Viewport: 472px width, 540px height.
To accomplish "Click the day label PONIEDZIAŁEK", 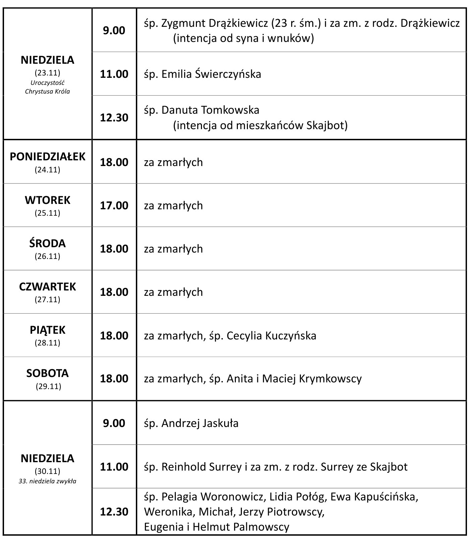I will (47, 157).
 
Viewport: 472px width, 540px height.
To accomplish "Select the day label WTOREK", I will (47, 200).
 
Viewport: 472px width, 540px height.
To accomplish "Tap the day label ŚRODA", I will (47, 244).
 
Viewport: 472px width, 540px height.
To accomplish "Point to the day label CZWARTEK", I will (47, 287).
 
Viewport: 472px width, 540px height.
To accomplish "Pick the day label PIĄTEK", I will (47, 330).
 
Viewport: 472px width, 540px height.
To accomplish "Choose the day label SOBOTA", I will (47, 373).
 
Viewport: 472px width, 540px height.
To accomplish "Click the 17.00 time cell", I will (114, 205).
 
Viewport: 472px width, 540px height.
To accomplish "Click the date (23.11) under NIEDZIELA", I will (47, 72).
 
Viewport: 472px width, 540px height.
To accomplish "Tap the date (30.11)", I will (47, 471).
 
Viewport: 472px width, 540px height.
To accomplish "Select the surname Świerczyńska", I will (228, 74).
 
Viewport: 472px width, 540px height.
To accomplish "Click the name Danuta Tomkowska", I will (210, 110).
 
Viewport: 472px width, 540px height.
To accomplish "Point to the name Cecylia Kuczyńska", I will (271, 336).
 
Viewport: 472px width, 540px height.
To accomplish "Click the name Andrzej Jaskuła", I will (200, 423).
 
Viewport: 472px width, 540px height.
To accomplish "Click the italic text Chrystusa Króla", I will (47, 91).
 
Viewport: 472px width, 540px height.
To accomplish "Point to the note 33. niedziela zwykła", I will (47, 481).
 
